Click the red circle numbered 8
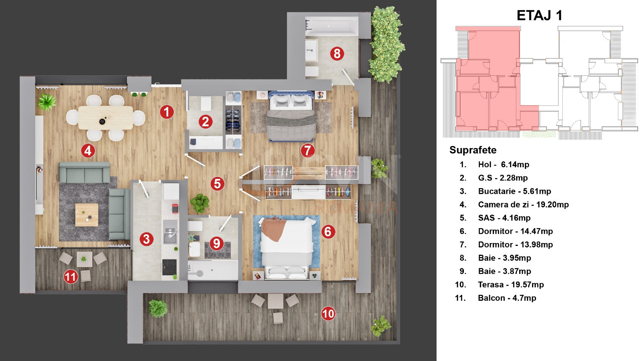coord(337,53)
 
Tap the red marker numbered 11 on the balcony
coord(71,276)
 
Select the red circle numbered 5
coord(217,184)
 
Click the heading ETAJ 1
coord(539,16)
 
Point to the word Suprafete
coord(473,150)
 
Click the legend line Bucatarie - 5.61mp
coord(514,191)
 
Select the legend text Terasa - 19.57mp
coord(511,285)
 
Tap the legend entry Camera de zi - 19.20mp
coord(523,205)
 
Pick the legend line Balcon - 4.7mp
coord(507,298)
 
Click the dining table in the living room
coord(106,118)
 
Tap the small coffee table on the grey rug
coord(87,215)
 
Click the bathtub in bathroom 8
coord(331,26)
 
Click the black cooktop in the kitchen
coord(169,267)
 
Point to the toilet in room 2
coord(206,103)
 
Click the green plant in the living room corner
coord(47,102)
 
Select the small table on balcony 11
coord(84,259)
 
